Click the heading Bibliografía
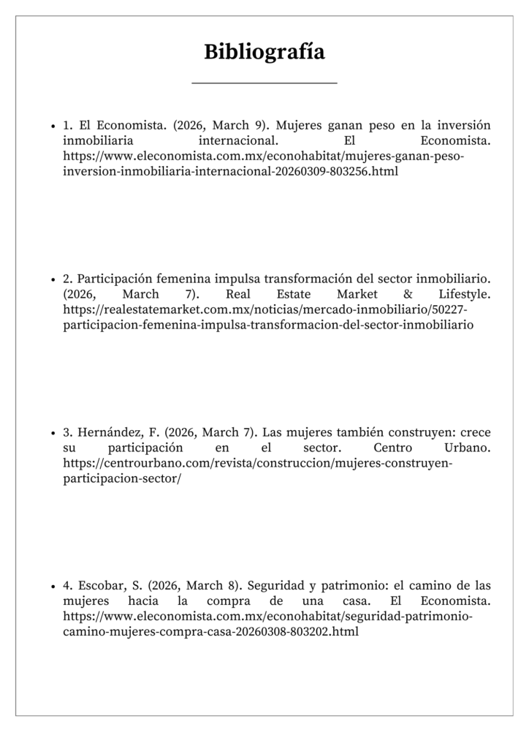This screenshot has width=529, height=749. [264, 52]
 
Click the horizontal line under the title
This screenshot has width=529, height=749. [264, 83]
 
